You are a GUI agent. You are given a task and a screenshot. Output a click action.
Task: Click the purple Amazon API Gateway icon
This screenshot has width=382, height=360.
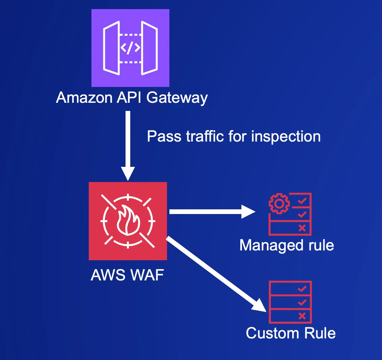[130, 48]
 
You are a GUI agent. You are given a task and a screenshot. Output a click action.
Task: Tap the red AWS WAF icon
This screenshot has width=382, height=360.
[128, 221]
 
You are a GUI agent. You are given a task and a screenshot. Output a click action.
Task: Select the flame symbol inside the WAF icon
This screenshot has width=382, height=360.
[128, 220]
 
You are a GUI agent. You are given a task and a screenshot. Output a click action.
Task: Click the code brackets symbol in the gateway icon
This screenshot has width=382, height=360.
[130, 48]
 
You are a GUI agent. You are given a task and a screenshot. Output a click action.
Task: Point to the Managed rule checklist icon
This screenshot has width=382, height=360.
[290, 214]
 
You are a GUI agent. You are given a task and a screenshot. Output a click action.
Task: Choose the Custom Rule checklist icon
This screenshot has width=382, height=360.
[290, 302]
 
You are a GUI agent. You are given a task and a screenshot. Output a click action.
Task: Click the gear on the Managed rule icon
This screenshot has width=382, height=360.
[279, 204]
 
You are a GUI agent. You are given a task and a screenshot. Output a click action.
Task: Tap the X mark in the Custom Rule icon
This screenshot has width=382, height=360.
[302, 316]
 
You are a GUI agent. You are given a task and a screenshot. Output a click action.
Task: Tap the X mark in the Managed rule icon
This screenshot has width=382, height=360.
[302, 228]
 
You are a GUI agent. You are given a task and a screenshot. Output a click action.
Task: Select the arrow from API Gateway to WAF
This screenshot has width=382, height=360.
[128, 145]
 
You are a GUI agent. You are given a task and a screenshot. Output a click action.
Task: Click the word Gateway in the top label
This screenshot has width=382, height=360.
[177, 98]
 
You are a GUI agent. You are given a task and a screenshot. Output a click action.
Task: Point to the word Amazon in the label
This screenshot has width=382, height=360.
[84, 98]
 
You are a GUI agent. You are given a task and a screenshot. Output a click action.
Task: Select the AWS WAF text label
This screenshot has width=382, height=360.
[127, 275]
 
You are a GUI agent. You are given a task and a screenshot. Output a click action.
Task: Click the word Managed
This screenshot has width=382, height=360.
[267, 245]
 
